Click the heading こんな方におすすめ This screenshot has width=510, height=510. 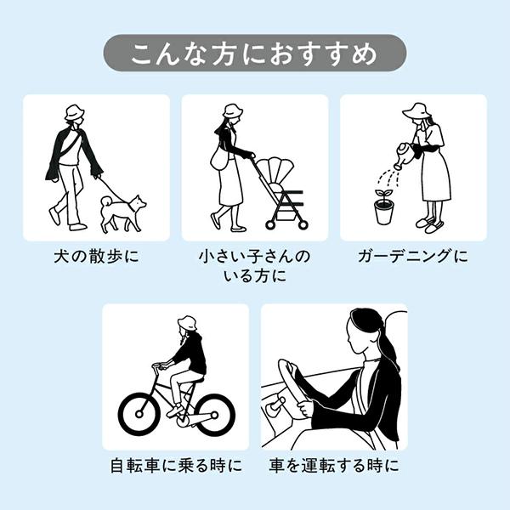254,53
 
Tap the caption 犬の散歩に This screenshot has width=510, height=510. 97,257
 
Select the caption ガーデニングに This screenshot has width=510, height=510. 413,257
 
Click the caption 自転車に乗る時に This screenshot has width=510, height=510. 176,466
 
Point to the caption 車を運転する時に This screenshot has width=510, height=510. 334,466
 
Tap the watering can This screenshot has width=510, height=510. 406,156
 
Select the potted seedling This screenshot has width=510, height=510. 383,207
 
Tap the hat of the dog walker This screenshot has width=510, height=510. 74,113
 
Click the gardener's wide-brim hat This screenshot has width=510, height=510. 418,111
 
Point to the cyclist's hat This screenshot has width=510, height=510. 187,323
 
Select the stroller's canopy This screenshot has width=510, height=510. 276,170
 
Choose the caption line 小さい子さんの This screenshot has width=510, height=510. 254,257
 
